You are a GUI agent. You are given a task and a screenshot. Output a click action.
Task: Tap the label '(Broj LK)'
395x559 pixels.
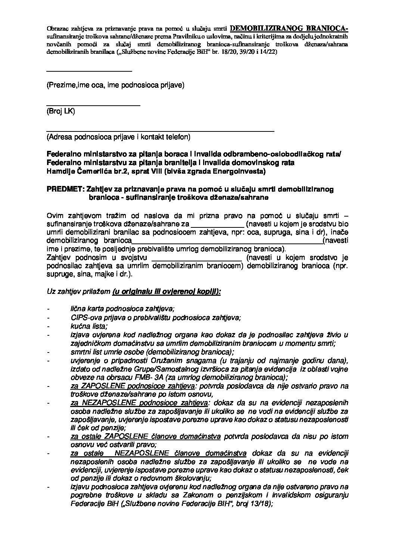(x=60, y=111)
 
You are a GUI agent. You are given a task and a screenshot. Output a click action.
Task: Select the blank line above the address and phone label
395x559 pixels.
(x=160, y=131)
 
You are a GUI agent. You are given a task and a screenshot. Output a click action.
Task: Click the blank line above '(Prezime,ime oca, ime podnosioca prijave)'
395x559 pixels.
(x=89, y=71)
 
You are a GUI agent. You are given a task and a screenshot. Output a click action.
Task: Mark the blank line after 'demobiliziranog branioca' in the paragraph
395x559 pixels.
(x=227, y=243)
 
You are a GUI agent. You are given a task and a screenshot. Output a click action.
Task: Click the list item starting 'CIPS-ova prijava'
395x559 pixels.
(x=155, y=317)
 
